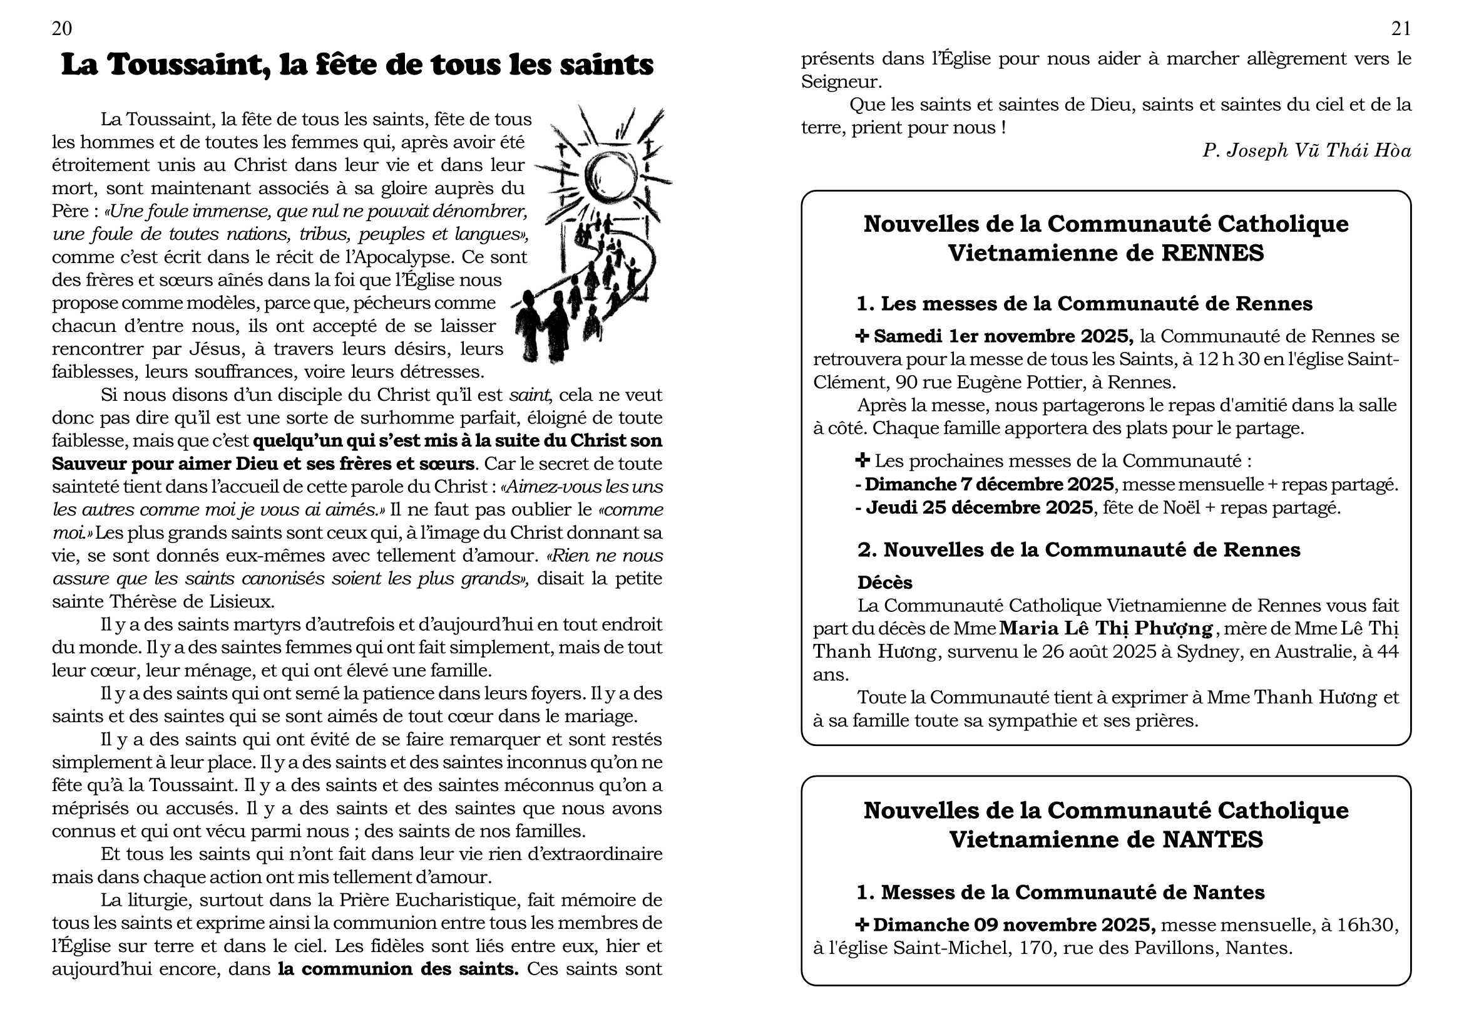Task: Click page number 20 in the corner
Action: coord(62,29)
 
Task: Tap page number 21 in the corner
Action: coord(1401,29)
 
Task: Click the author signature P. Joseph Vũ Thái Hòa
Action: coord(1306,150)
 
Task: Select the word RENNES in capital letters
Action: coord(1213,253)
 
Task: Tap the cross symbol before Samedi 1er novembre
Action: coord(862,336)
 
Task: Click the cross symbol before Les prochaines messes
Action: coord(862,460)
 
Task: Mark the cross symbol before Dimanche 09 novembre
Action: coord(862,925)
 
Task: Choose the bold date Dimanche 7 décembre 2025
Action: coord(989,485)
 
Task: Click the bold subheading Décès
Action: coord(884,583)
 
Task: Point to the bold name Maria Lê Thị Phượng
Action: coord(1105,629)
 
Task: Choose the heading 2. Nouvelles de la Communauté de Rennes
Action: coord(1078,550)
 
